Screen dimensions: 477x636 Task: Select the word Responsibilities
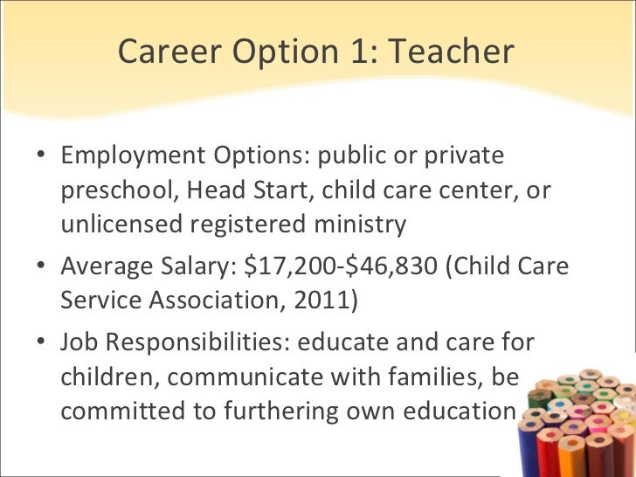tap(196, 341)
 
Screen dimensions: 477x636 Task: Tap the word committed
tap(118, 409)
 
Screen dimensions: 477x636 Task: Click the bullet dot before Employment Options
tap(42, 158)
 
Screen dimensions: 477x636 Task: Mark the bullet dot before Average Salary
tap(42, 266)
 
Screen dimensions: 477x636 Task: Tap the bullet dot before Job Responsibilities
tap(42, 342)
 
